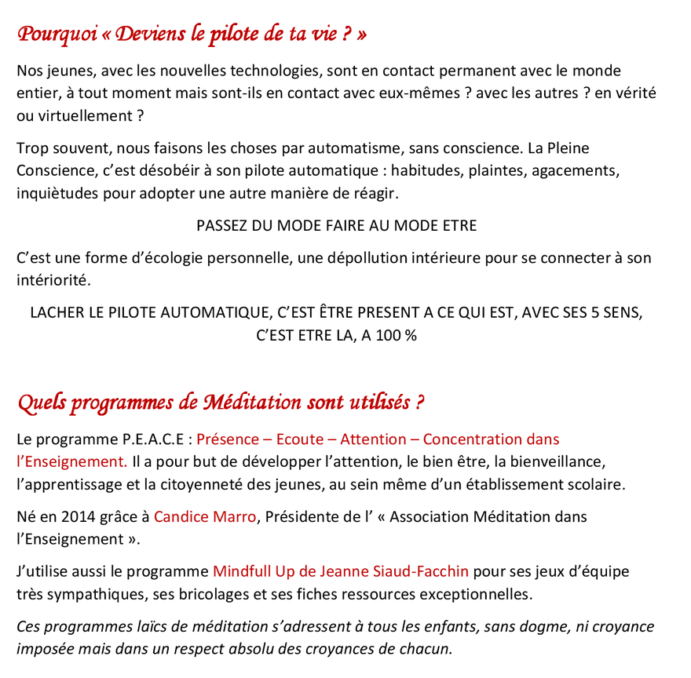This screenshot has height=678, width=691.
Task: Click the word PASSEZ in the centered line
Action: [221, 226]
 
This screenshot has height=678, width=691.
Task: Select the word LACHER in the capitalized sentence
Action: [56, 313]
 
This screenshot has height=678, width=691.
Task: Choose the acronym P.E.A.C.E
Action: [153, 439]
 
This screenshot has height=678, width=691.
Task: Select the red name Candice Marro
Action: [205, 517]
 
